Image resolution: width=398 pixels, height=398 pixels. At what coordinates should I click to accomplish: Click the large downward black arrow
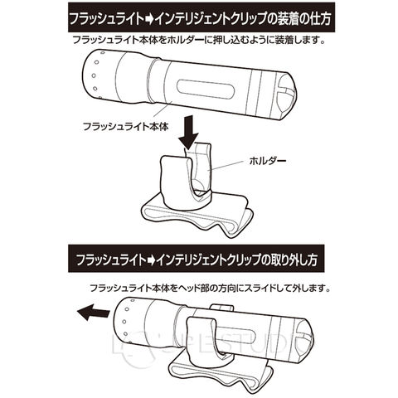[x=189, y=133]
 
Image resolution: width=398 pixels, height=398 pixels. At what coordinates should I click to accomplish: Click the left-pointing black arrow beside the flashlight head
[x=93, y=313]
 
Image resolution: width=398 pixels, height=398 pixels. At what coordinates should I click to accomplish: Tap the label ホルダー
[x=268, y=162]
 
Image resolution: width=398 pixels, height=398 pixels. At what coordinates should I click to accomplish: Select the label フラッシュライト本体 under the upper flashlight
[x=126, y=127]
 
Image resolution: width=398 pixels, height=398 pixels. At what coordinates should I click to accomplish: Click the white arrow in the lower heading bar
[x=149, y=260]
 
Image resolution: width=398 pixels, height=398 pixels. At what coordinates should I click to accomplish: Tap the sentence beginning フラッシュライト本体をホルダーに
[x=198, y=41]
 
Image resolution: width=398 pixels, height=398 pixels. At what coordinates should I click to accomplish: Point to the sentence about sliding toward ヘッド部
[x=211, y=289]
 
